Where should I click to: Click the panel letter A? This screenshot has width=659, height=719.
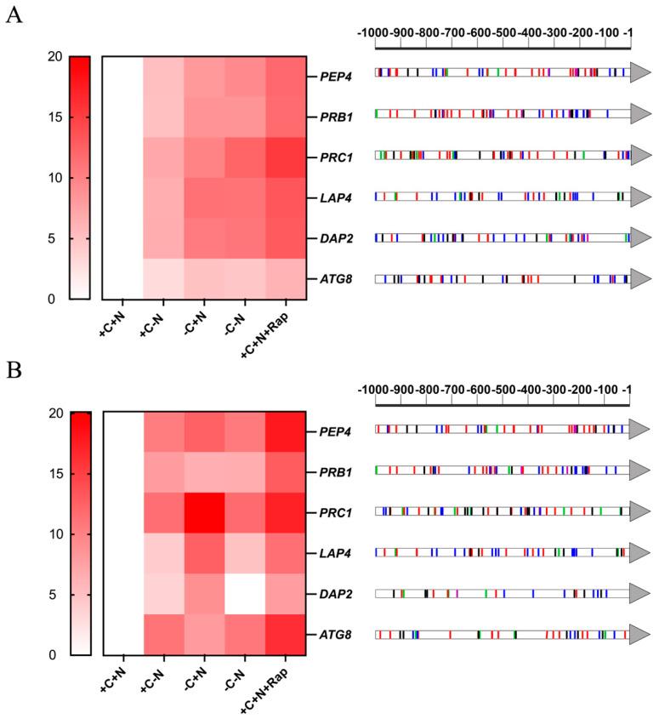(14, 16)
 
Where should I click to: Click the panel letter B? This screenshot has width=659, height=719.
(14, 372)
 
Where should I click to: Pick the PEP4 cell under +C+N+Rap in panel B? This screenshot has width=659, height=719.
(286, 432)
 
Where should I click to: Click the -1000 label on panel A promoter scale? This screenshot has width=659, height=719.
(373, 32)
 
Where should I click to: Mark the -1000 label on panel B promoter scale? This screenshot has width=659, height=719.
(373, 389)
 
